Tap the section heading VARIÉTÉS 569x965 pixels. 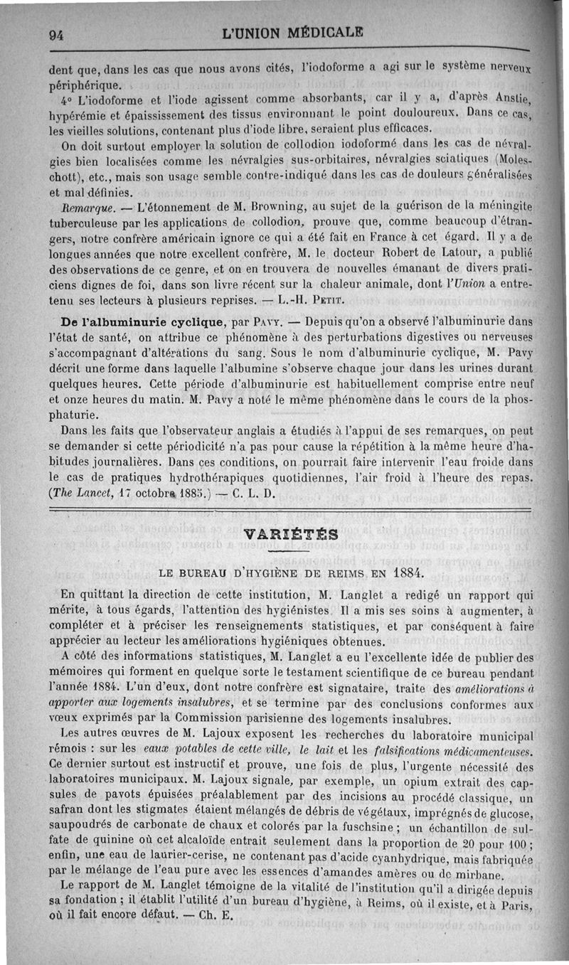pos(289,533)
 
